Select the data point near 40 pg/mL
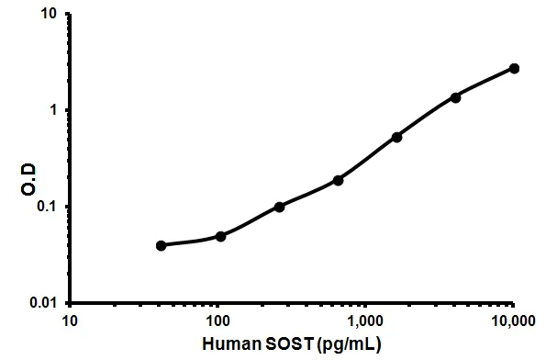click(x=162, y=245)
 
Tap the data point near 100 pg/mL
click(x=221, y=236)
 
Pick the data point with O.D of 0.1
click(x=279, y=207)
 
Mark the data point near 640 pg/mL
click(x=338, y=180)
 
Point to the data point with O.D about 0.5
click(x=396, y=137)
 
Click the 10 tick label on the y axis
click(x=50, y=15)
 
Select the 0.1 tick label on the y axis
click(x=47, y=206)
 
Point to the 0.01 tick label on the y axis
click(x=43, y=302)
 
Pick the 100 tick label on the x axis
click(x=217, y=321)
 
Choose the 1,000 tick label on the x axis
click(x=365, y=321)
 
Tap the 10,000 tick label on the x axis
click(x=513, y=321)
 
